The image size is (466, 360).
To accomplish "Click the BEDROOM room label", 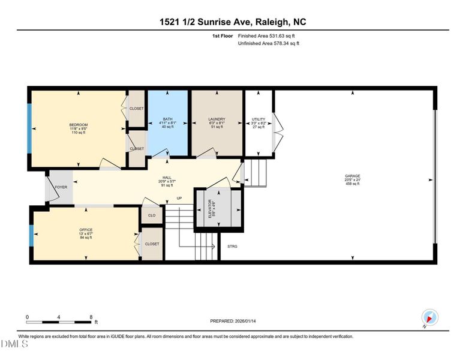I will pos(79,124).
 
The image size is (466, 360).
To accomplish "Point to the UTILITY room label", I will pos(259,119).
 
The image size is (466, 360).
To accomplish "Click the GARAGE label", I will pos(352,176).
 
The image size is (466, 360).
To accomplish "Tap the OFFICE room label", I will pos(86,230).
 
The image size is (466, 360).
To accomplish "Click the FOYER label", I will pos(61,187).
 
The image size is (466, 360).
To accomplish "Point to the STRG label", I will pos(233,246).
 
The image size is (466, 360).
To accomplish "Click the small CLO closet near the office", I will pos(152,215).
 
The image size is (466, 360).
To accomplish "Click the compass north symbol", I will pos(430,317).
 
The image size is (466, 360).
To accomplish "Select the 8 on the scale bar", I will pos(91,316).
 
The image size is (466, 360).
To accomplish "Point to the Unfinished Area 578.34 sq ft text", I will pos(269,43).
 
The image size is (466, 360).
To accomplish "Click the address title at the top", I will pos(233,22).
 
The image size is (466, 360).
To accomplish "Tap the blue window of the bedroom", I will pos(29,128).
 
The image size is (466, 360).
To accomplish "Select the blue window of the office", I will pos(31,236).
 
